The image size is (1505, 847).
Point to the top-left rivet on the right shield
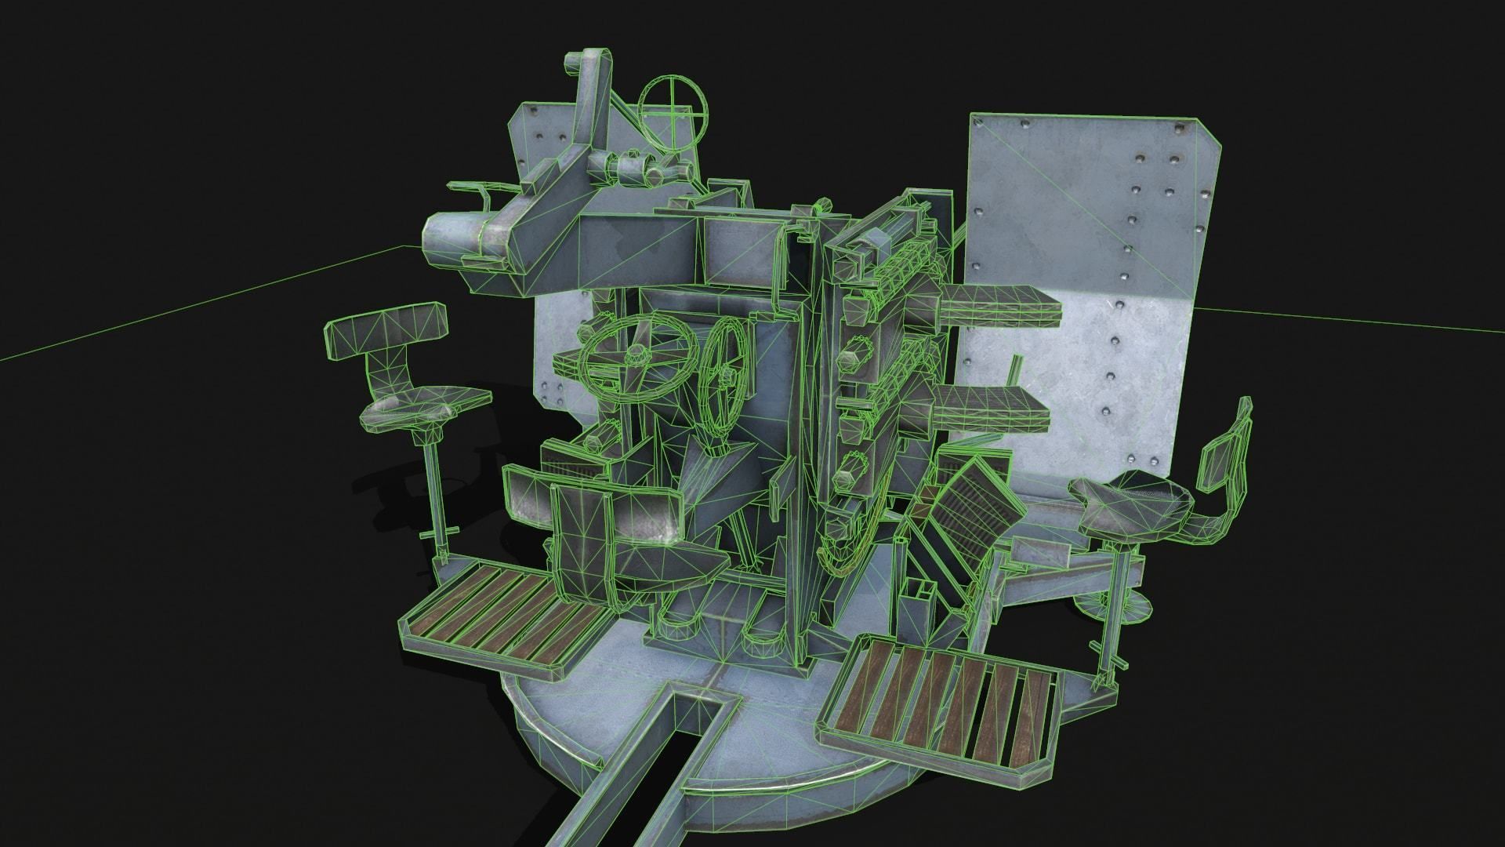pyautogui.click(x=1024, y=125)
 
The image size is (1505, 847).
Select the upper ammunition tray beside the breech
pyautogui.click(x=998, y=305)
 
